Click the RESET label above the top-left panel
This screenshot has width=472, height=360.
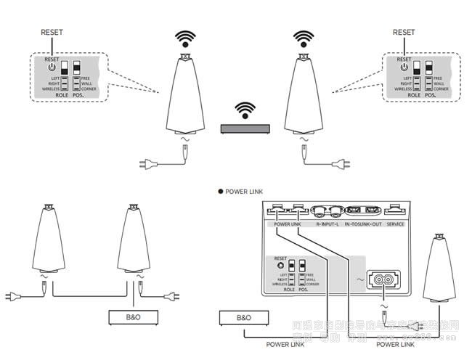pos(52,32)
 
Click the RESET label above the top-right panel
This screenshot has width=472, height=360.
pos(404,32)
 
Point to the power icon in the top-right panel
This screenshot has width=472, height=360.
pos(404,67)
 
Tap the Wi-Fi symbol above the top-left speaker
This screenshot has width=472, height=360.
pos(186,38)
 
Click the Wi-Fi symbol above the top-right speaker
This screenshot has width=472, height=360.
pos(302,38)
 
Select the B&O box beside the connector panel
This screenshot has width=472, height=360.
pos(244,317)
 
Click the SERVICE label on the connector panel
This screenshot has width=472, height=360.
pos(395,224)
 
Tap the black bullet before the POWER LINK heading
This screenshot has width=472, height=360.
pos(220,192)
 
